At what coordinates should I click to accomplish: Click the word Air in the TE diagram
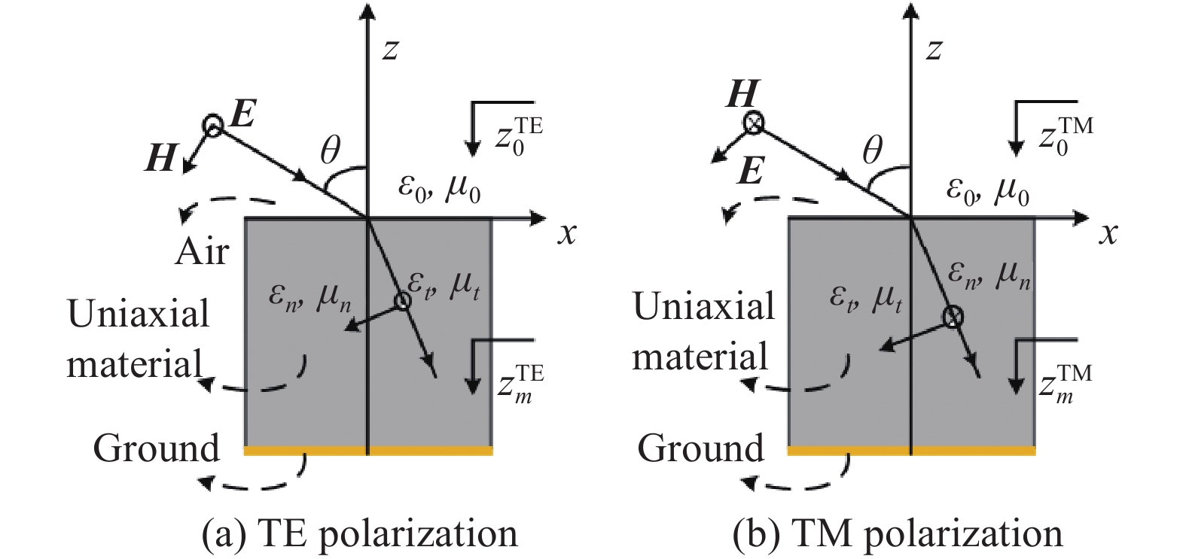click(x=201, y=251)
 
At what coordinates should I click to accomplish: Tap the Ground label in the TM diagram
click(x=700, y=448)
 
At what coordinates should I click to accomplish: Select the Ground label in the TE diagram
click(x=156, y=448)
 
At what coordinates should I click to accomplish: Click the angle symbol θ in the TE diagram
click(x=330, y=152)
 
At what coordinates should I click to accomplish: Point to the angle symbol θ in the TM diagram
click(x=872, y=152)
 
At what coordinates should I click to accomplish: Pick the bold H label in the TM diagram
click(x=743, y=96)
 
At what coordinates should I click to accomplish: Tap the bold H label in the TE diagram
click(x=160, y=159)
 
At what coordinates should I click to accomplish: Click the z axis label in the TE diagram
click(x=390, y=50)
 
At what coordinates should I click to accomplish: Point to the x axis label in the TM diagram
click(x=1107, y=234)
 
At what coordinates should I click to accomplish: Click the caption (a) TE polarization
click(x=360, y=534)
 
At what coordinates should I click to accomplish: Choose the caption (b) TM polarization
click(x=898, y=534)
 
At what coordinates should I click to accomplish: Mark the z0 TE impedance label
click(x=519, y=135)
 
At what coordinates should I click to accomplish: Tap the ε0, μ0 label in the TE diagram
click(x=439, y=192)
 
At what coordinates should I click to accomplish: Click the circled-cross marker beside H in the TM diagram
click(x=753, y=123)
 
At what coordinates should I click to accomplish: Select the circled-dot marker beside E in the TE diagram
click(x=214, y=127)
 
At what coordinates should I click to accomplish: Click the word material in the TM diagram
click(x=700, y=356)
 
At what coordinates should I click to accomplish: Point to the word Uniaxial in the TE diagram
click(x=139, y=313)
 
